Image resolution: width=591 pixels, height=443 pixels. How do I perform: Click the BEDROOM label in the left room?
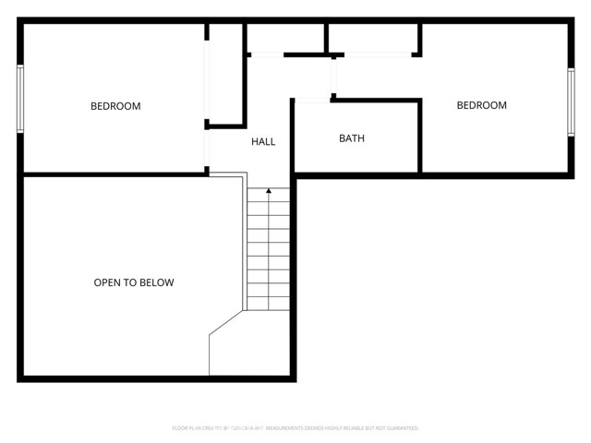coord(115,106)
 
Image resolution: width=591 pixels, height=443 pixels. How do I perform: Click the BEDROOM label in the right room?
coord(482,105)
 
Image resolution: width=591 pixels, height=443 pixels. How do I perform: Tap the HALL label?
coord(263,141)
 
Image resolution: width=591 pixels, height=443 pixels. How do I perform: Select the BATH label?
coord(352,138)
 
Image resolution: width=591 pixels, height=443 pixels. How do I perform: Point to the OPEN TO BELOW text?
coord(134,282)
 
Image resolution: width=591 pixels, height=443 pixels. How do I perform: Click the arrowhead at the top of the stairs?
coord(269,191)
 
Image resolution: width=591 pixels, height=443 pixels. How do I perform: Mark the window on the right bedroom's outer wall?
coord(569,104)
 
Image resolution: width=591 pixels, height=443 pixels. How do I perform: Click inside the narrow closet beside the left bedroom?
coord(225,74)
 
